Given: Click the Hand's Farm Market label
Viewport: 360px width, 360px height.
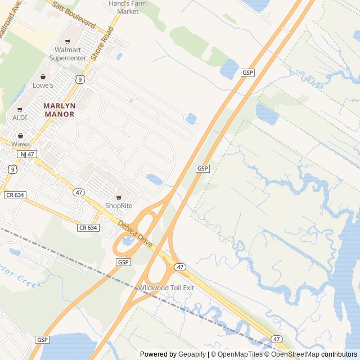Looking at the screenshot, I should coord(124,7).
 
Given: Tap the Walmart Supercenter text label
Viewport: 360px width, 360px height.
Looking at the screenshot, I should coord(67,54).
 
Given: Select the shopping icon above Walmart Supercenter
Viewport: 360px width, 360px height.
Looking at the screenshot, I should coord(68,42).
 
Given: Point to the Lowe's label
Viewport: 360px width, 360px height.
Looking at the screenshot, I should coord(43,85).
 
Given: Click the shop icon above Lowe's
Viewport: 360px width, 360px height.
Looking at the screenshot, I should coord(43,76).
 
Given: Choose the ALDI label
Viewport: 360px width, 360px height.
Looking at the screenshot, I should coord(20,118).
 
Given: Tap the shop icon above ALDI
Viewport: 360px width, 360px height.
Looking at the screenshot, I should coord(20,109).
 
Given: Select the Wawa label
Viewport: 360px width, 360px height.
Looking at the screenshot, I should coord(21,144).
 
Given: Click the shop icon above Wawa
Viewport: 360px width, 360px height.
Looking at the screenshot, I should coord(21,136).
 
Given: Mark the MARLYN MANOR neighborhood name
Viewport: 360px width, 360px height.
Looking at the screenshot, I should coord(59,110).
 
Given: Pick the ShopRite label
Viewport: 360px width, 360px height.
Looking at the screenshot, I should coord(119,206).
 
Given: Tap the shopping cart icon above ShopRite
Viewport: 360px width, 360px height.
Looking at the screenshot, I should coord(119,197).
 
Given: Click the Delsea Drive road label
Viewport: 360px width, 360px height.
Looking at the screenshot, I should coord(135,235).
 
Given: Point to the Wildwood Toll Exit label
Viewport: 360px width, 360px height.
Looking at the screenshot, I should coord(166,288).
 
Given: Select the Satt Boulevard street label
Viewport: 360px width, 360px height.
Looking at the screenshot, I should coord(74,15).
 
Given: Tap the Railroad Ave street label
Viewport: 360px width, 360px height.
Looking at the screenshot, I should coord(11,13).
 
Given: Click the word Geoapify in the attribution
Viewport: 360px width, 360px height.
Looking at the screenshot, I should coord(193,354).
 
